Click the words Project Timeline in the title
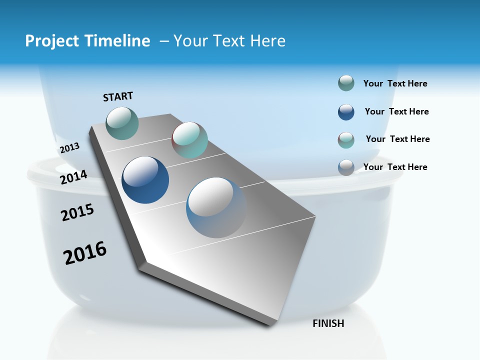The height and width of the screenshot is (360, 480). tap(87, 41)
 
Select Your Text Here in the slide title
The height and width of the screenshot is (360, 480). tap(229, 41)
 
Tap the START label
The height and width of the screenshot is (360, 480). tap(118, 96)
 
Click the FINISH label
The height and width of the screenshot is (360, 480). tap(328, 323)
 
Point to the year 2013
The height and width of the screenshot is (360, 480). tap(69, 148)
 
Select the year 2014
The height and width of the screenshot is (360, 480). tap(74, 177)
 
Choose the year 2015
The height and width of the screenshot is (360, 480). tap(77, 212)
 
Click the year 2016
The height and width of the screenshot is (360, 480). tap(85, 253)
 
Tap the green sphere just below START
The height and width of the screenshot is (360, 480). tap(122, 123)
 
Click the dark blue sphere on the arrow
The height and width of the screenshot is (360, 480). tap(145, 180)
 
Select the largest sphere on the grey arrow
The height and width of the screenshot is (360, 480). tap(216, 207)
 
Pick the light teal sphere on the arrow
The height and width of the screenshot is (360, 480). tap(190, 140)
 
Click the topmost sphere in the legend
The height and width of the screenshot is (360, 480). tap(346, 83)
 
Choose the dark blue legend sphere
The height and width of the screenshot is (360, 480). tap(346, 112)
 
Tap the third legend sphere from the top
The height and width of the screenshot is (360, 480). tap(346, 140)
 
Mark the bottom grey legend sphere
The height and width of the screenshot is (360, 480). tap(346, 167)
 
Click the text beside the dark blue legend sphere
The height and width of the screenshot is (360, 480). tap(396, 111)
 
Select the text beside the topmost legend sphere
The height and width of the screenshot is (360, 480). tap(395, 83)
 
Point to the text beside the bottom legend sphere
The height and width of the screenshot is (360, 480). tap(395, 167)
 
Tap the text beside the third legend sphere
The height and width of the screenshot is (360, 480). tap(397, 139)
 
